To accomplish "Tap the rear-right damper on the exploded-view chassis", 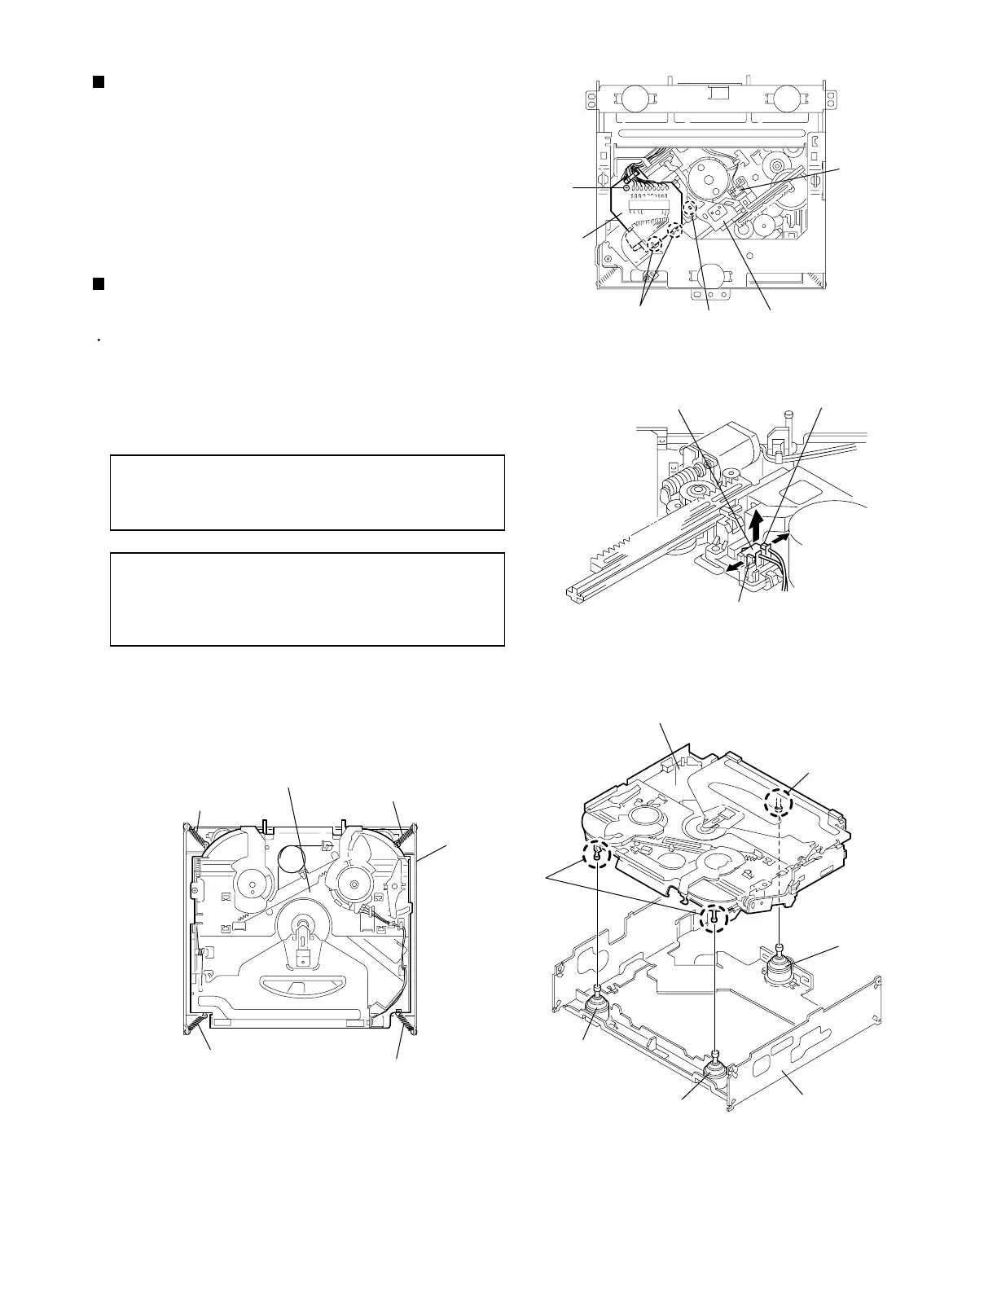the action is click(x=783, y=967).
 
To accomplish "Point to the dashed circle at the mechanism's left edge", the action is click(x=597, y=853).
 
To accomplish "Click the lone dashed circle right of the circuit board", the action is click(x=688, y=208).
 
